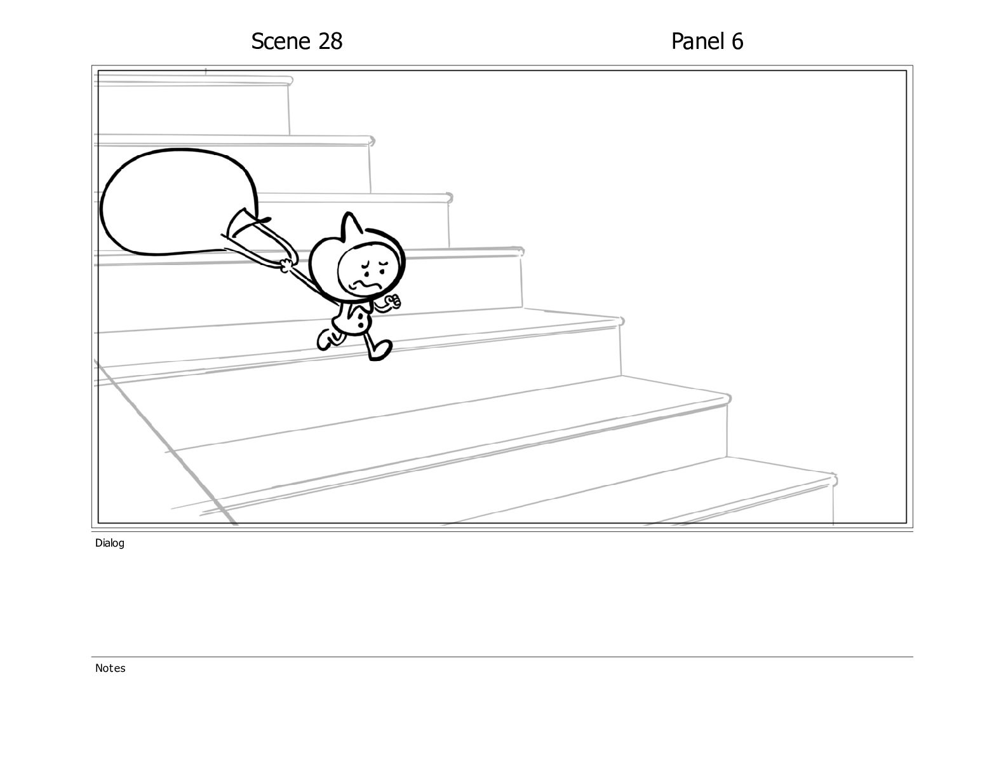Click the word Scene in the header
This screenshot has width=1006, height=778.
pos(281,41)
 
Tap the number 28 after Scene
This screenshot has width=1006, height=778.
pos(330,41)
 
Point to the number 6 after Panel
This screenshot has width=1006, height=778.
pos(737,41)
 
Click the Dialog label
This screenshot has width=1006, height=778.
pos(110,543)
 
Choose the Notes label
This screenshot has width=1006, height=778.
pos(110,667)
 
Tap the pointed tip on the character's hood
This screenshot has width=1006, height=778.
pos(349,214)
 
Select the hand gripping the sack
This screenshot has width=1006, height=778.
pos(286,266)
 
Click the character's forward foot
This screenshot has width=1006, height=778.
pos(380,350)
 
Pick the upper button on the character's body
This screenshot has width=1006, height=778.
pos(360,314)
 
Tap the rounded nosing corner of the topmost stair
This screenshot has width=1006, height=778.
pos(290,81)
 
